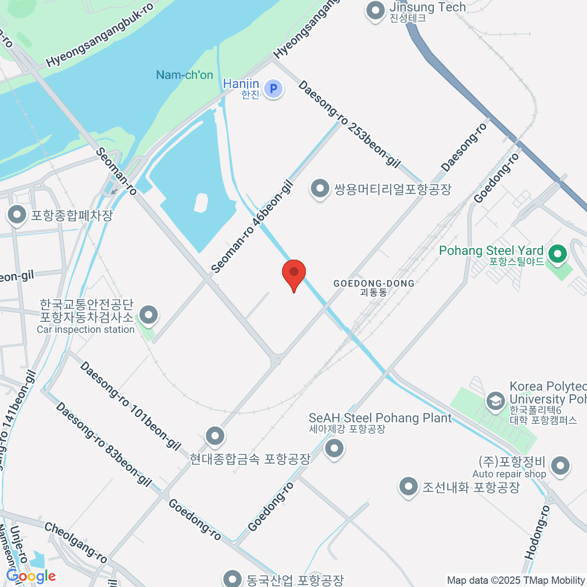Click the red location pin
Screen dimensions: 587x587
(294, 273)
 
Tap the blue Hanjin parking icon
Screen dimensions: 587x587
(273, 89)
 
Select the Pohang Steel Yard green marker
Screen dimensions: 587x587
(557, 253)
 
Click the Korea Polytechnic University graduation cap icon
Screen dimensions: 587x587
(495, 401)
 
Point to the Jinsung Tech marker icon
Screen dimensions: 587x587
(375, 10)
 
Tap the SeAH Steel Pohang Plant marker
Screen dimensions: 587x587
(335, 448)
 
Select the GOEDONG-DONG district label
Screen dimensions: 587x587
(374, 284)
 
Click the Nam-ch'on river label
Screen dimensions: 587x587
(184, 75)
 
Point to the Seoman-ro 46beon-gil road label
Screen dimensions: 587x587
(252, 227)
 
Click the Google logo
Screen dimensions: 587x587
(31, 576)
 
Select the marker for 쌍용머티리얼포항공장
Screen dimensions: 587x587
(320, 188)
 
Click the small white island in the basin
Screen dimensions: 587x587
(201, 203)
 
